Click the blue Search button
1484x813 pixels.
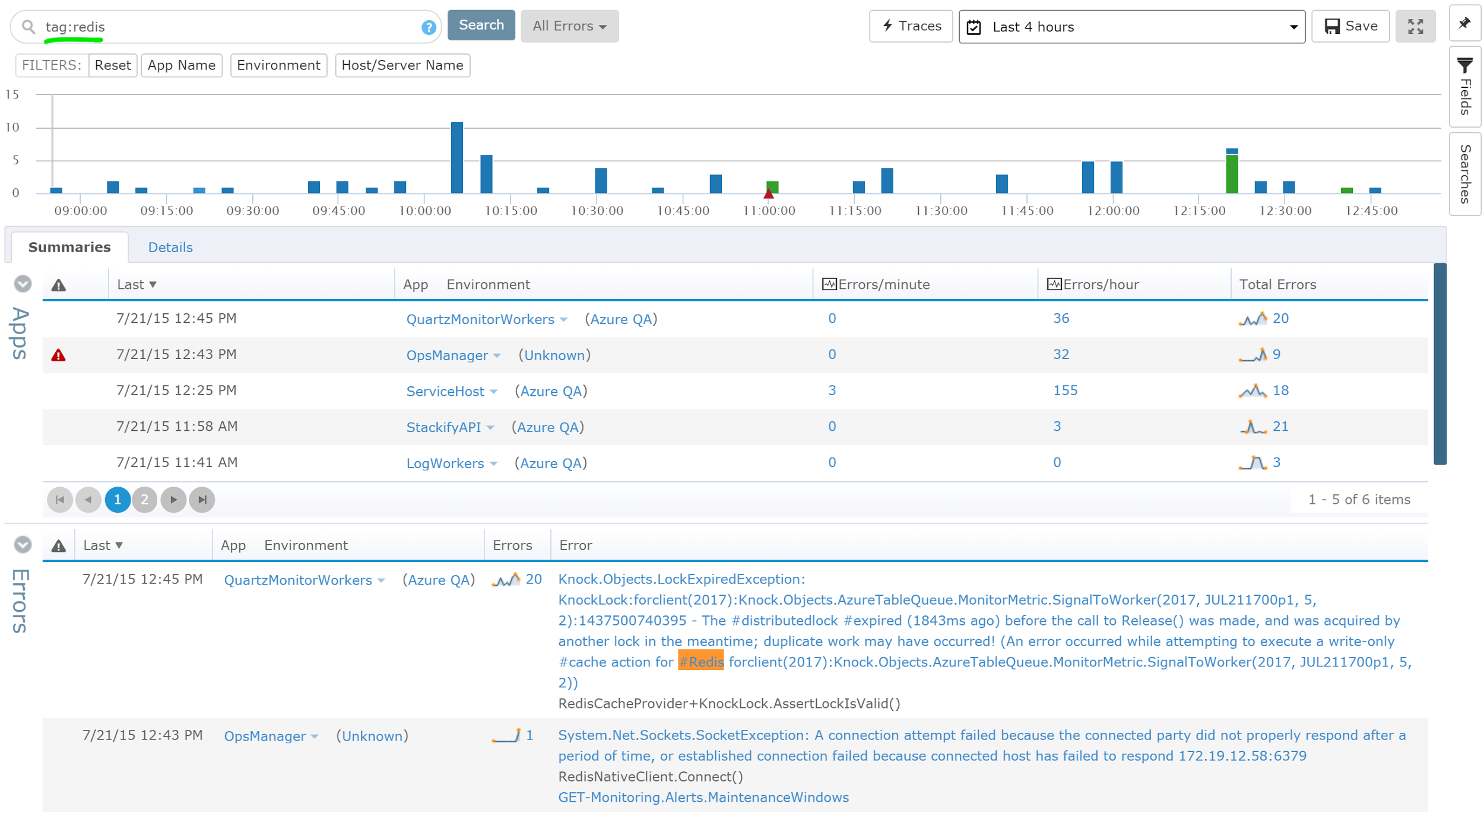(481, 26)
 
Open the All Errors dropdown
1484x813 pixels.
(569, 26)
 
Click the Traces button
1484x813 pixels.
(911, 26)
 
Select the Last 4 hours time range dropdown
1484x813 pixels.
(1131, 27)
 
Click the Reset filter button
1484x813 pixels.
(112, 65)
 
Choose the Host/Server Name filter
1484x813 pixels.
(402, 65)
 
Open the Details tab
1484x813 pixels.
(170, 247)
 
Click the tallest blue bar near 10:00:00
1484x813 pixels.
(456, 157)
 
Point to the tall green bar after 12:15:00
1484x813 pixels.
(1232, 173)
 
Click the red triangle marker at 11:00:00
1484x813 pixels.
(769, 193)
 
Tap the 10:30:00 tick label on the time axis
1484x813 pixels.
(597, 211)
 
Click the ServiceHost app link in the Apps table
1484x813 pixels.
(445, 392)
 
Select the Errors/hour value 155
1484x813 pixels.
(1065, 390)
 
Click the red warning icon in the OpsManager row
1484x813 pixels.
(58, 355)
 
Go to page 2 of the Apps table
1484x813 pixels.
(144, 500)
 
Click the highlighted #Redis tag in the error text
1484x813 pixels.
(700, 662)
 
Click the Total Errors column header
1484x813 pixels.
(1277, 285)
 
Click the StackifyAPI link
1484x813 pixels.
(443, 427)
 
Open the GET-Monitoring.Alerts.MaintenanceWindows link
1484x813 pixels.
(703, 798)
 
